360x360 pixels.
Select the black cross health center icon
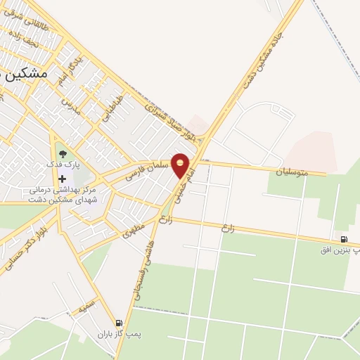point(63,179)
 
